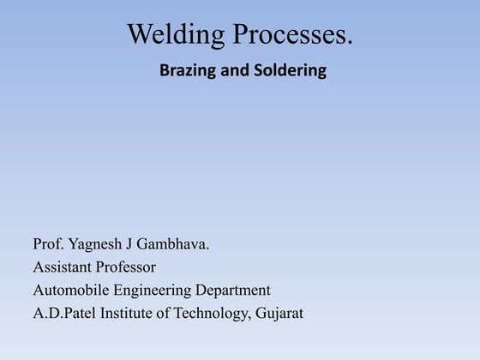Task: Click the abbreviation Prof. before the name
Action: click(x=48, y=244)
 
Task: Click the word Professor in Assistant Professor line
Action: click(x=129, y=267)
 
